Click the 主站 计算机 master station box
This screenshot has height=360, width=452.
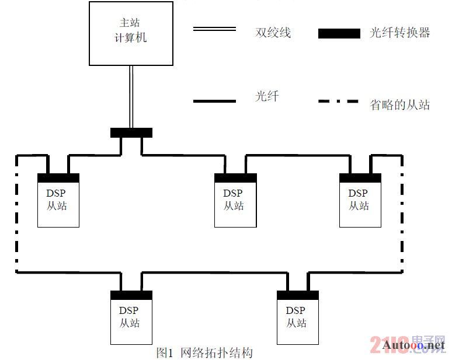(x=131, y=33)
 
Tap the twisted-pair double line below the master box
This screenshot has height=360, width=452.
(x=131, y=97)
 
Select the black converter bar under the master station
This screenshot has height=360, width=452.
(x=131, y=133)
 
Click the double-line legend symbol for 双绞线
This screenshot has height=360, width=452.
(x=214, y=29)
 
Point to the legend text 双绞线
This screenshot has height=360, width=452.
(x=273, y=32)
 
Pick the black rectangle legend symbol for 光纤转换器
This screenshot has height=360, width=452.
(x=339, y=33)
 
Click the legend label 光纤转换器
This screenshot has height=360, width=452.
(x=399, y=32)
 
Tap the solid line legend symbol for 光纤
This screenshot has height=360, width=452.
(x=214, y=101)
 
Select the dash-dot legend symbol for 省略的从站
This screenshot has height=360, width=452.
(x=339, y=101)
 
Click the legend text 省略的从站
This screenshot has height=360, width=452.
(x=399, y=105)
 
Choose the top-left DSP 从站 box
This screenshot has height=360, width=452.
(x=58, y=200)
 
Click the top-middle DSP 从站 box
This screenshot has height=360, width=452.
(x=235, y=200)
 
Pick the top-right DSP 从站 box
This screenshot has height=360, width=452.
(x=360, y=200)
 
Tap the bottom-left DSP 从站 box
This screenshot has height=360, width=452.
(x=131, y=317)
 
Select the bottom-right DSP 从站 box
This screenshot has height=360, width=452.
(x=298, y=317)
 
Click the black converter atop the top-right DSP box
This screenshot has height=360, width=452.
(x=360, y=178)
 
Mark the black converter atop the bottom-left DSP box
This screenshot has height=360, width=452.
(x=131, y=295)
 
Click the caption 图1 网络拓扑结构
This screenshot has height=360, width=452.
(x=204, y=352)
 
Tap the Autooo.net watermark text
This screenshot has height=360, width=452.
(x=413, y=345)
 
